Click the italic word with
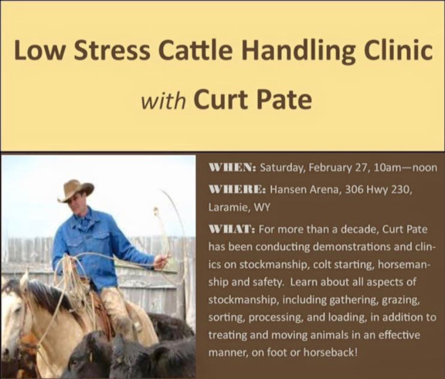[x=164, y=100]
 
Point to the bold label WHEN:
[x=233, y=168]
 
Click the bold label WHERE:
[x=237, y=189]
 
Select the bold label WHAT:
[x=232, y=228]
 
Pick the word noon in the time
[x=425, y=168]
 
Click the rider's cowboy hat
[x=75, y=190]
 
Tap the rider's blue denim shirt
[x=97, y=244]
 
